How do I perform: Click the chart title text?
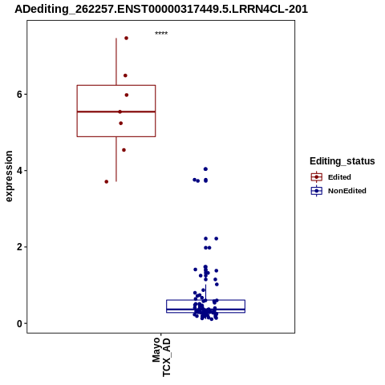[x=161, y=9]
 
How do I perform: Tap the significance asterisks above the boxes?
[x=161, y=33]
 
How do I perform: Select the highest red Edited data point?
[x=126, y=38]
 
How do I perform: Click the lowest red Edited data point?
[x=107, y=182]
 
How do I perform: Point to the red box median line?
[x=116, y=111]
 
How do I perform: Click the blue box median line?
[x=205, y=310]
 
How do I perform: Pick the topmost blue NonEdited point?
[x=205, y=169]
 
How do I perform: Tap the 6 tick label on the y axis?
[x=19, y=95]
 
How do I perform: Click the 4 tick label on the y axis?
[x=19, y=171]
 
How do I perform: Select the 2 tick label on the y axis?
[x=19, y=247]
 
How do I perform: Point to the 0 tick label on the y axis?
[x=19, y=323]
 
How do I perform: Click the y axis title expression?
[x=9, y=176]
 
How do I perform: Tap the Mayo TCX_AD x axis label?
[x=161, y=357]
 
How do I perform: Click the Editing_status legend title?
[x=342, y=161]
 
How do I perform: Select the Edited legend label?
[x=339, y=177]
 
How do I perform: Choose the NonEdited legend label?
[x=347, y=191]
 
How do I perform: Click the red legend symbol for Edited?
[x=317, y=177]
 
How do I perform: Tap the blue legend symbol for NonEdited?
[x=317, y=191]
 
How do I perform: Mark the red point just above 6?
[x=127, y=95]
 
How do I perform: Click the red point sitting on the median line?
[x=120, y=111]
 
